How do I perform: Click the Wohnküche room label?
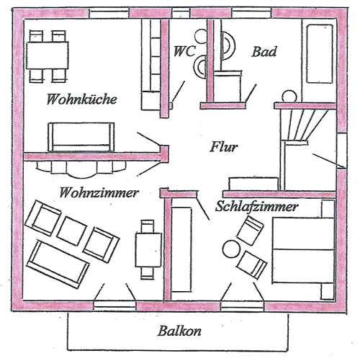(x=82, y=99)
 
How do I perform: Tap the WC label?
(x=184, y=51)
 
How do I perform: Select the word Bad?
(x=264, y=52)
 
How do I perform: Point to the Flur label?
(x=224, y=147)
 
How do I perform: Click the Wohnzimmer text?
(x=99, y=192)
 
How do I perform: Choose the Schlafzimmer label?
(x=256, y=206)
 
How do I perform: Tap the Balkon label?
(x=179, y=331)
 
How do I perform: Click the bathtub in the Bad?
(x=320, y=54)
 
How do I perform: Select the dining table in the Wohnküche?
(x=48, y=55)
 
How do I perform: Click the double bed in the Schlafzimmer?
(x=303, y=250)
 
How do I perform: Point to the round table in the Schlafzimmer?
(x=231, y=249)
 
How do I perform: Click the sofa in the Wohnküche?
(x=81, y=137)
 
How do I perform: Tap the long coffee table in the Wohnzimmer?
(x=58, y=264)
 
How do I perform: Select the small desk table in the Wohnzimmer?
(x=148, y=250)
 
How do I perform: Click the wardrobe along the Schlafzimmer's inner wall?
(x=182, y=250)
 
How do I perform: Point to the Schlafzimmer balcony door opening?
(x=243, y=306)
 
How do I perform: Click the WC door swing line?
(x=179, y=92)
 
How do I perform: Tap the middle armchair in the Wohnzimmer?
(x=71, y=231)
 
